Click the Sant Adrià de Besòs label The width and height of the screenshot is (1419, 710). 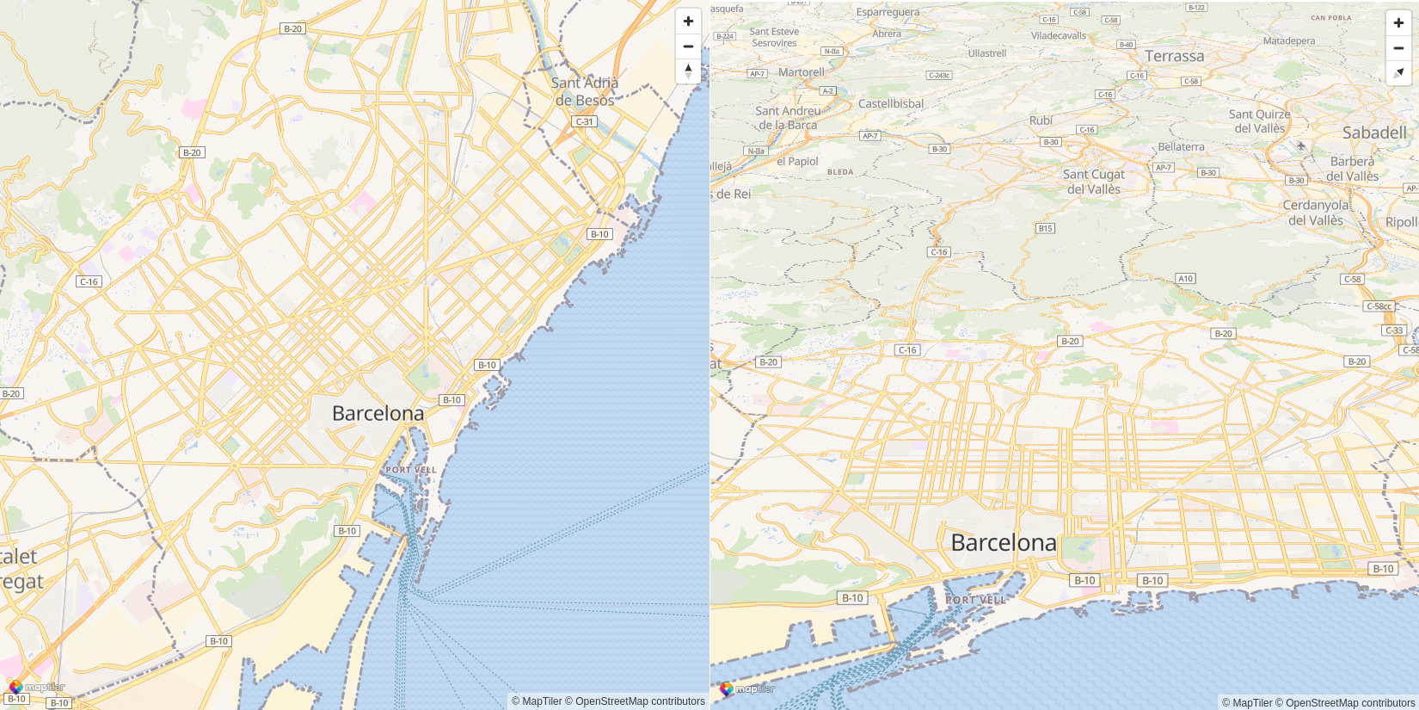(x=585, y=91)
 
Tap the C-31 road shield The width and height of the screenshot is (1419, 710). (x=585, y=121)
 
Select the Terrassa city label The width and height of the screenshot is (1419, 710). (x=1174, y=56)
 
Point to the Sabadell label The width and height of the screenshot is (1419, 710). (x=1374, y=133)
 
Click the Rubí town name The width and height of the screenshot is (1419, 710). (x=1041, y=120)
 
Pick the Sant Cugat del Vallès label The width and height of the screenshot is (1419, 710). (x=1093, y=182)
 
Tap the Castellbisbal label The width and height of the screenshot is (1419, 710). (x=891, y=103)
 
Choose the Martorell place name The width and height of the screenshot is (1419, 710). (x=801, y=72)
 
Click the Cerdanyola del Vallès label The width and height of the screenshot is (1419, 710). (x=1315, y=213)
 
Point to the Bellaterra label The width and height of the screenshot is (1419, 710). (x=1181, y=146)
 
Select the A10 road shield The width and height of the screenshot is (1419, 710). (x=1185, y=278)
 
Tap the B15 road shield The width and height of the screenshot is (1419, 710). (x=1045, y=228)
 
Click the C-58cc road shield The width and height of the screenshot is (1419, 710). (x=1379, y=306)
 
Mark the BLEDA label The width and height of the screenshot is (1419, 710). (x=840, y=172)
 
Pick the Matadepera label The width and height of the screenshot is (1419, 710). (x=1288, y=40)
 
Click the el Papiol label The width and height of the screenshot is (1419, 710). (x=797, y=161)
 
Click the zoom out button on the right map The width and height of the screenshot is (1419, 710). (x=1398, y=48)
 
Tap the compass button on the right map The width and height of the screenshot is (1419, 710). (x=1398, y=73)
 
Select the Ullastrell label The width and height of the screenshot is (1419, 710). (x=986, y=53)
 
